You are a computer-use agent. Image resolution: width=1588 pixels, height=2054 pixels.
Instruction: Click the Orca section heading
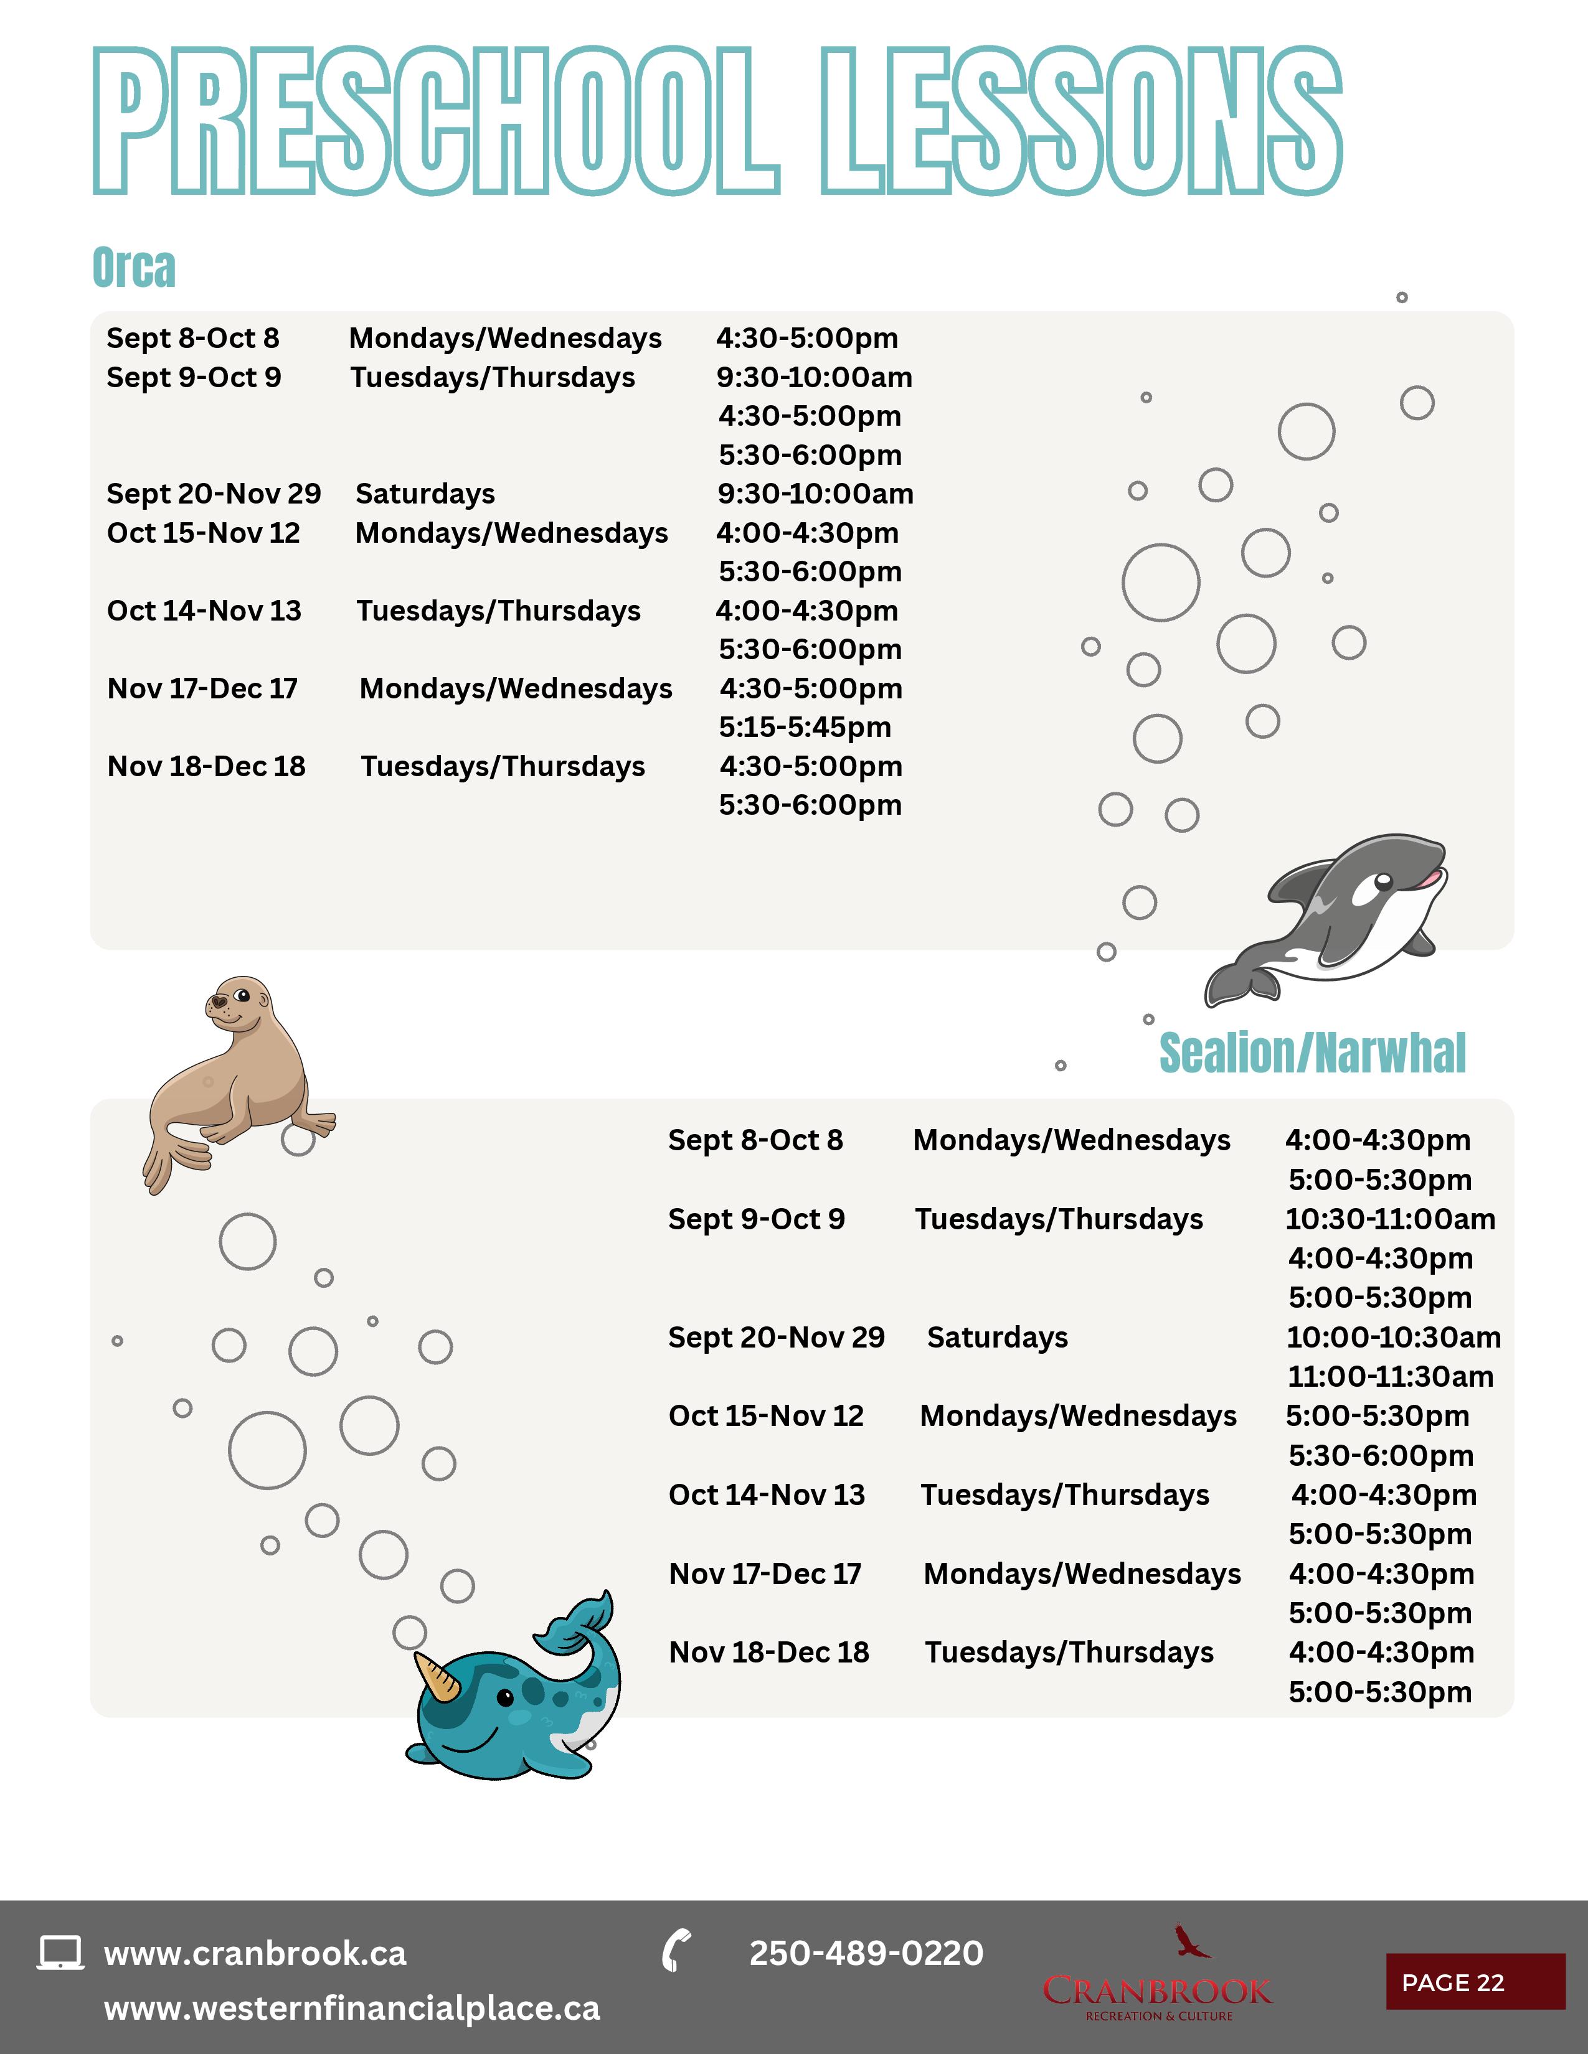click(134, 268)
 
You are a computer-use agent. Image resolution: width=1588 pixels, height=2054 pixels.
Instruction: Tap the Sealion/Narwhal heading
click(1312, 1053)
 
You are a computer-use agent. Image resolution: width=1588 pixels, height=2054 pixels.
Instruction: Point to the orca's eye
click(1383, 882)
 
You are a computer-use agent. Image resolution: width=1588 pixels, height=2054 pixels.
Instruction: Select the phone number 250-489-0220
click(866, 1953)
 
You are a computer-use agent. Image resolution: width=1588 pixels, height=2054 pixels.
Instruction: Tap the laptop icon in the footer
click(60, 1953)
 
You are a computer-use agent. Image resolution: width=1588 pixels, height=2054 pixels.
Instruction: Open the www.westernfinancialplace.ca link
click(351, 2008)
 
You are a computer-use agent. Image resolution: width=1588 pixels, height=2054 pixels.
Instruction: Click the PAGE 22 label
click(1452, 1982)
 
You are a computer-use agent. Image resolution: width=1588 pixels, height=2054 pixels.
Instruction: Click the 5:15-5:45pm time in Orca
click(805, 727)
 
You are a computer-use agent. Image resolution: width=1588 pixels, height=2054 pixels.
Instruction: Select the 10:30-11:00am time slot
click(1389, 1219)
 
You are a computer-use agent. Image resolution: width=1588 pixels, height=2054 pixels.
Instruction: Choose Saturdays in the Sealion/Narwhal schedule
click(997, 1338)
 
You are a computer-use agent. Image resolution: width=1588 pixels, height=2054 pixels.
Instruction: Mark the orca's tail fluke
click(1240, 983)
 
